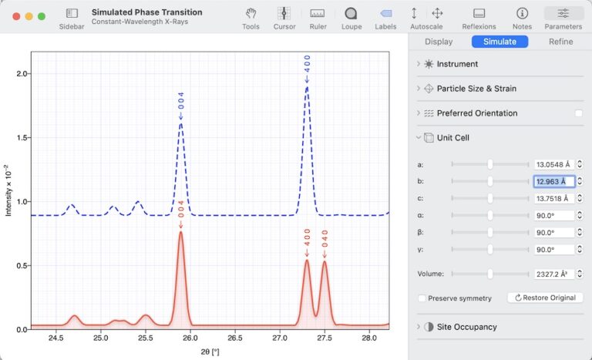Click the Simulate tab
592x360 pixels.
coord(499,42)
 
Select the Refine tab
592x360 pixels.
coord(560,42)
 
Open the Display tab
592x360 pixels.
coord(439,42)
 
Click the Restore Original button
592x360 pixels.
coord(544,298)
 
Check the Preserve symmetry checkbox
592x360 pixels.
coord(422,298)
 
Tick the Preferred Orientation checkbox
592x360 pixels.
coord(578,113)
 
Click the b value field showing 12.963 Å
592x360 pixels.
coord(554,182)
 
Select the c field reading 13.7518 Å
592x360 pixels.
coord(554,199)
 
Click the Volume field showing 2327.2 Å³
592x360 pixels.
coord(554,274)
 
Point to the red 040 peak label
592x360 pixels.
coord(325,238)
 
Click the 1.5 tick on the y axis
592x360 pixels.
coord(22,137)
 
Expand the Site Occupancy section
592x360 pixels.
coord(466,327)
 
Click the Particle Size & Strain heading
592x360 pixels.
coord(476,89)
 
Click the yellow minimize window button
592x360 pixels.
coord(29,15)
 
